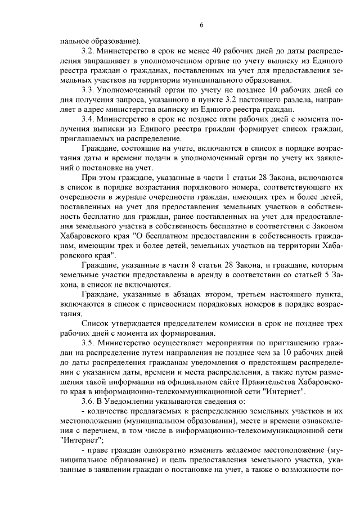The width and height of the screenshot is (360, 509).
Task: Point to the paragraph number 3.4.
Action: pos(87,120)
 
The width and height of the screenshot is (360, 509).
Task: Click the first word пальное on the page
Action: pos(75,40)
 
